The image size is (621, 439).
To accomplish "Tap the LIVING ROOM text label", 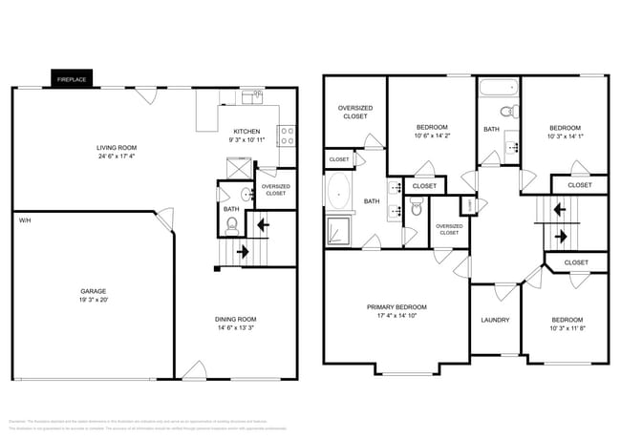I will pyautogui.click(x=116, y=148).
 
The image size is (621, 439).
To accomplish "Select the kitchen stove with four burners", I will pyautogui.click(x=285, y=135).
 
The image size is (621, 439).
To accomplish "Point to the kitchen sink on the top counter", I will pyautogui.click(x=251, y=94).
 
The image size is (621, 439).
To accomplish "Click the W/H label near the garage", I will pyautogui.click(x=24, y=220).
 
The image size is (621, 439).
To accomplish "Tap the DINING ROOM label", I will pyautogui.click(x=234, y=319).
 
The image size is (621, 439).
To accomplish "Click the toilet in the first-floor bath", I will pyautogui.click(x=230, y=225).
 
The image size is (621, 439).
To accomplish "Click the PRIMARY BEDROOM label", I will pyautogui.click(x=396, y=307).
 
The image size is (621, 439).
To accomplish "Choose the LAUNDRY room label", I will pyautogui.click(x=494, y=320).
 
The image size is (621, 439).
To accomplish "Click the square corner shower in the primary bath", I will pyautogui.click(x=338, y=232).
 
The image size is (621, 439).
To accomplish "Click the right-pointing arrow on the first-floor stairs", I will pyautogui.click(x=241, y=253).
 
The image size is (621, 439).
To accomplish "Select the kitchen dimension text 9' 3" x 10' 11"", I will pyautogui.click(x=246, y=140).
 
